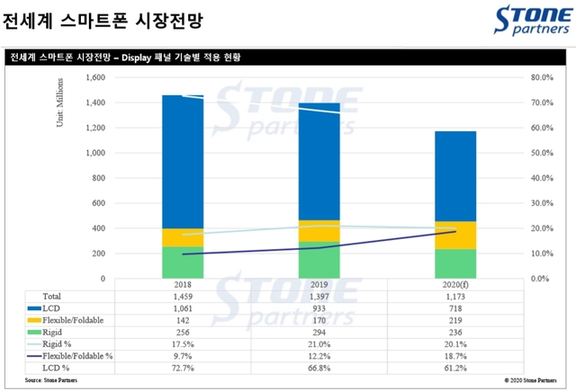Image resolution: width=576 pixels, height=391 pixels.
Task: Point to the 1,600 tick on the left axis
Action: click(x=94, y=77)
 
